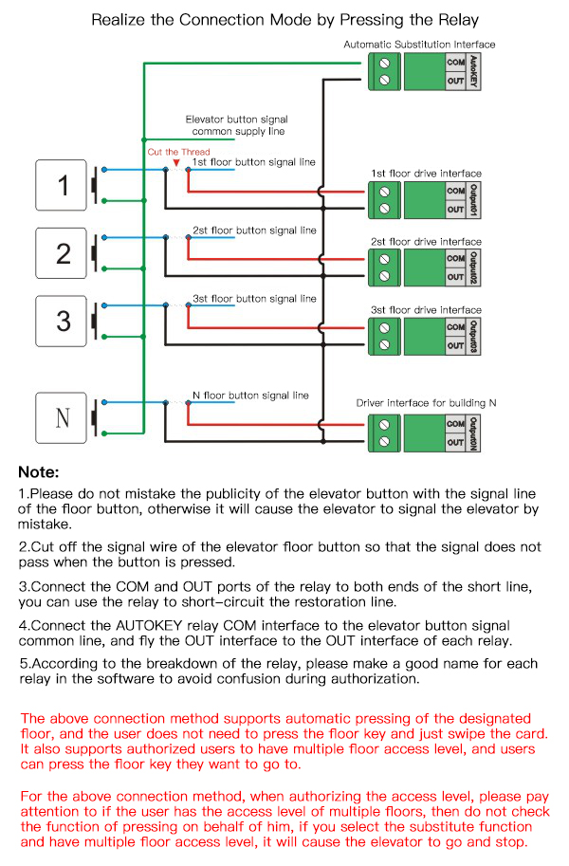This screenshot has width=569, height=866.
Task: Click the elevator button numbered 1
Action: click(63, 185)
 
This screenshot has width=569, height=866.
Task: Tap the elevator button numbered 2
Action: click(63, 253)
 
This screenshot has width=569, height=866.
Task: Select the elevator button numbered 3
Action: click(63, 321)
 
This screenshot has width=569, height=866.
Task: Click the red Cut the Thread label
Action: click(178, 152)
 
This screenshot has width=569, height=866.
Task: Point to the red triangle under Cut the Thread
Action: click(176, 163)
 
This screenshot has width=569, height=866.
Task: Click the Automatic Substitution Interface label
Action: click(419, 45)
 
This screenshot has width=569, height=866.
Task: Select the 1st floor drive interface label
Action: click(426, 174)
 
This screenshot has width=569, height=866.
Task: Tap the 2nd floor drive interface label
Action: click(426, 242)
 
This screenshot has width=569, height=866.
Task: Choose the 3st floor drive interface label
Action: click(426, 310)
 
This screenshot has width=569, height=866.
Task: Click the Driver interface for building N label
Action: click(426, 403)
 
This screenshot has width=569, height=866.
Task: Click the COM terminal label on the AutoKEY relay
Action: click(455, 63)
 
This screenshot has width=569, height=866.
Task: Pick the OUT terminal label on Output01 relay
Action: click(455, 209)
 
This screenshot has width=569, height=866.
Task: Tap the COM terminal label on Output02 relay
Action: click(455, 259)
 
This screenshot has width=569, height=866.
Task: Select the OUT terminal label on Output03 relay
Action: click(455, 345)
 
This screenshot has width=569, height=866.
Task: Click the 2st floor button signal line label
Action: click(254, 230)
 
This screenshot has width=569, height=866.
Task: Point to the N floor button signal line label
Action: click(250, 396)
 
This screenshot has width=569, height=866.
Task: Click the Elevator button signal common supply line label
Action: click(236, 126)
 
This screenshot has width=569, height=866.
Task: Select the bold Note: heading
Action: click(39, 472)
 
